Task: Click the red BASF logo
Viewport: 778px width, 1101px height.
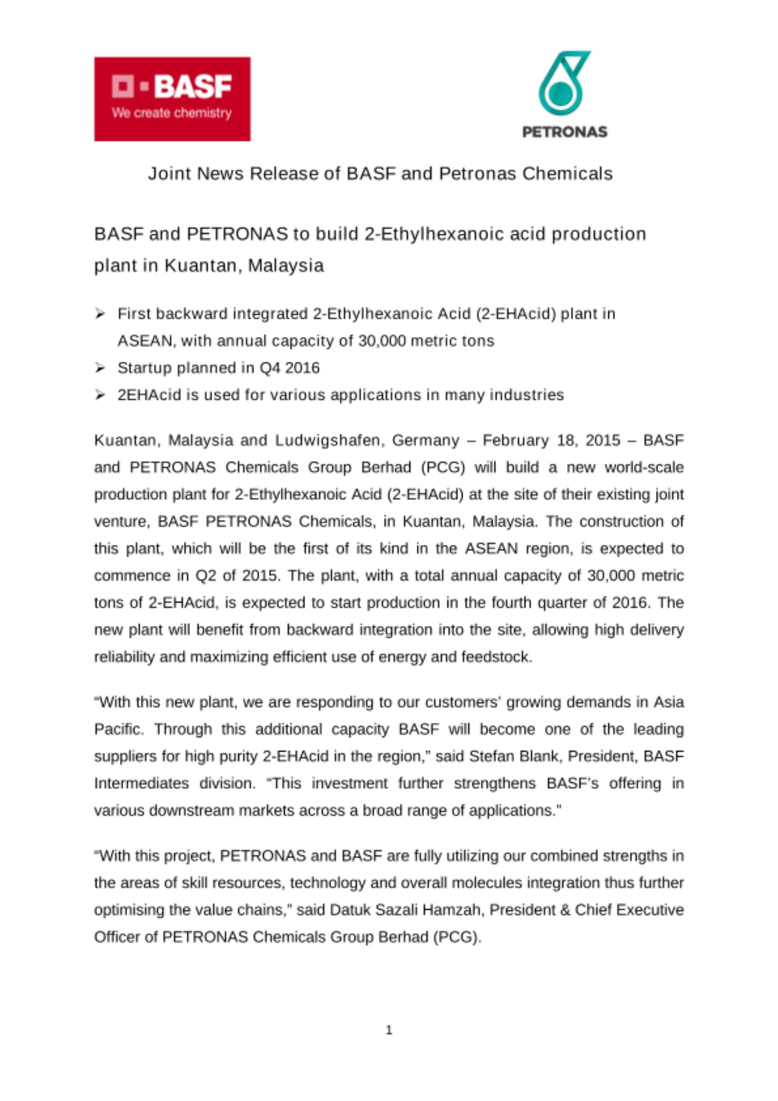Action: tap(172, 99)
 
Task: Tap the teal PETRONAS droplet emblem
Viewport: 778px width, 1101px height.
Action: tap(562, 83)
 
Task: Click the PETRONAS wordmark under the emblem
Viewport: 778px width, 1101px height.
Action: tap(564, 132)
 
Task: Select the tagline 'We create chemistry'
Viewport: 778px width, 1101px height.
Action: tap(171, 113)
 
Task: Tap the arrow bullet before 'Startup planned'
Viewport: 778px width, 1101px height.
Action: tap(100, 368)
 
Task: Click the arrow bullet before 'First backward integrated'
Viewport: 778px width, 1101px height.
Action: tap(100, 314)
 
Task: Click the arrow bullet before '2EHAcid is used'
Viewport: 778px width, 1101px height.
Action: tap(100, 395)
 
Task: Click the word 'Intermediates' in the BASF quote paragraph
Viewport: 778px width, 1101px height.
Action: tap(142, 783)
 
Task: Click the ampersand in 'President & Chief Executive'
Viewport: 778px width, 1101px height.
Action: tap(564, 910)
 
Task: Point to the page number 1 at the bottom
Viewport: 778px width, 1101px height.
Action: tap(389, 1030)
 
